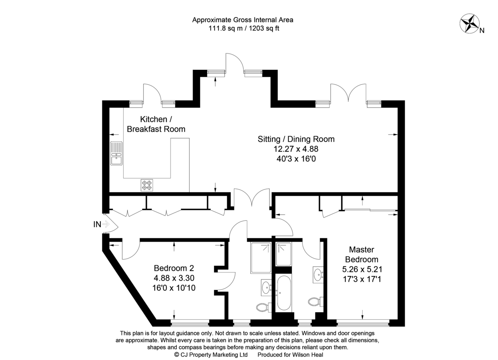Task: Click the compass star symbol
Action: coord(469,24)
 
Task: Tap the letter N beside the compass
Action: coord(482,31)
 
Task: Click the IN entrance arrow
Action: coord(106,224)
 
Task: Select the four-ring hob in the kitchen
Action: coord(147,185)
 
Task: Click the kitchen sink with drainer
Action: coord(116,154)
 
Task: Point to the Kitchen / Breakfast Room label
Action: coord(156,124)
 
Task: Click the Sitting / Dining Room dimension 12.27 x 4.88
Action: coord(296,149)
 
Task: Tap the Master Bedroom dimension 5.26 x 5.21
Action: coord(362,269)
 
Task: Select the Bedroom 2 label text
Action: coord(174,268)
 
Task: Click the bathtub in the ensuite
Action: coord(284,293)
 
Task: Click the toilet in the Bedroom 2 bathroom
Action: coord(264,307)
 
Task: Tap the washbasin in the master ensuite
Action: coord(318,275)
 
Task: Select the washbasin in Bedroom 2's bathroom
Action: coord(266,287)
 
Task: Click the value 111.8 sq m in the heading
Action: coord(225,29)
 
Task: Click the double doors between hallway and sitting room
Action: coord(251,198)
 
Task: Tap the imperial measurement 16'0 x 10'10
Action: coord(174,288)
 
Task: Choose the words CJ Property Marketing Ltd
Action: coord(214,355)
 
